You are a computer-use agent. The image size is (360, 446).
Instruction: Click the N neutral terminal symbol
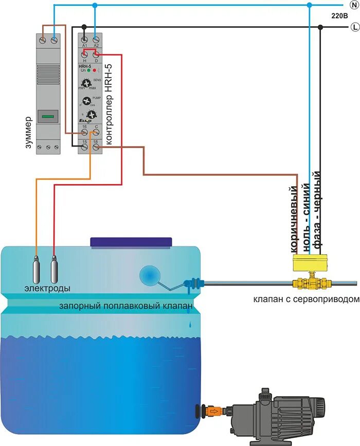(x=353, y=5)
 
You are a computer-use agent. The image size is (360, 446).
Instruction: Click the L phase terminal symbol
(x=353, y=27)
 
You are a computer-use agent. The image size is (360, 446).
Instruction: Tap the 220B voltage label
(x=339, y=16)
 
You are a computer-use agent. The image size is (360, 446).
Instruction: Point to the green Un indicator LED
(x=89, y=70)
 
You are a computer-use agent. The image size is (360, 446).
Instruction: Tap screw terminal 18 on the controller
(x=96, y=147)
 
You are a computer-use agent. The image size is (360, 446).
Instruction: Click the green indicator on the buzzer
(x=48, y=116)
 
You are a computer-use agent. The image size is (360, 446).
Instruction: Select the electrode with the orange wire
(x=36, y=267)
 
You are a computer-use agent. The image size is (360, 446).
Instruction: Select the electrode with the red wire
(x=54, y=267)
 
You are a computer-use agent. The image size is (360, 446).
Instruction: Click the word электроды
(x=47, y=288)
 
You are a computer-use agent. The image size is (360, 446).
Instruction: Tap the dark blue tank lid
(x=131, y=242)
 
